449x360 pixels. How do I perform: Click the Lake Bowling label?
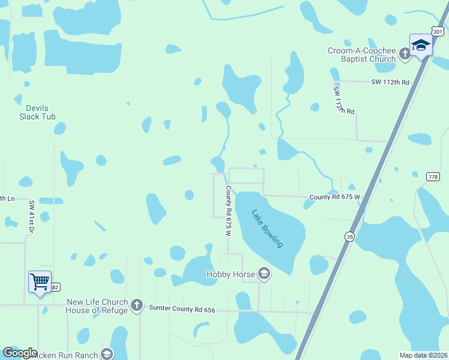coord(267,229)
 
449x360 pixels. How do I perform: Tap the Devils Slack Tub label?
coord(37,112)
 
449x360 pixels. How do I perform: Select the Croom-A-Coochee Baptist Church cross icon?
coord(405,55)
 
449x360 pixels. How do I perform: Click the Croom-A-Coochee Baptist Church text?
coord(362,55)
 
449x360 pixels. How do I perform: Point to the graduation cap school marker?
coord(421,45)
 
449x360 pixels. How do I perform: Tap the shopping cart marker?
coord(40,280)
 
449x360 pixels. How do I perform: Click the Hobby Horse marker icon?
coord(264,275)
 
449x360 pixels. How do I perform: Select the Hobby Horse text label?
coord(231,275)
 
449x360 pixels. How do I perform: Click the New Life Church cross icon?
coord(136,306)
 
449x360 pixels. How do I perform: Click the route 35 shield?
coord(349,236)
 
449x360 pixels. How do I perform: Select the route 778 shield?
coord(433,176)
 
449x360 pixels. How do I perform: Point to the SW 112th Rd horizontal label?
coord(390,82)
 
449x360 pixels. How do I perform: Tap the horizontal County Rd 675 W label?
coord(334,197)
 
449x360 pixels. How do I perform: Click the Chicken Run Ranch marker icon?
coord(107,355)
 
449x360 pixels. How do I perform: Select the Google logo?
coord(20,353)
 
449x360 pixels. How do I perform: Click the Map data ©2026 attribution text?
coord(424,355)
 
